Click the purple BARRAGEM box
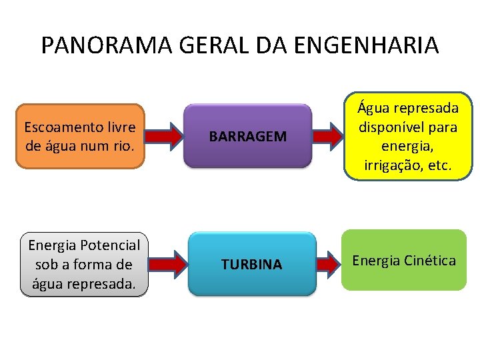coord(248,135)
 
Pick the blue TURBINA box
coord(251,264)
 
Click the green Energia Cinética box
coord(404,261)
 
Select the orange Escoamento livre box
coord(79,135)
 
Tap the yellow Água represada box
coord(408,137)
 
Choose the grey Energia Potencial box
coord(84,265)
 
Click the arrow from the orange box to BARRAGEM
coord(163,136)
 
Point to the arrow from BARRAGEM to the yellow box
coord(327,136)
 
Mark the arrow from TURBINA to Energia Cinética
coord(327,264)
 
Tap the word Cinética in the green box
coord(431,260)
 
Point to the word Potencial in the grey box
coord(110,245)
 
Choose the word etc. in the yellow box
coord(439,167)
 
